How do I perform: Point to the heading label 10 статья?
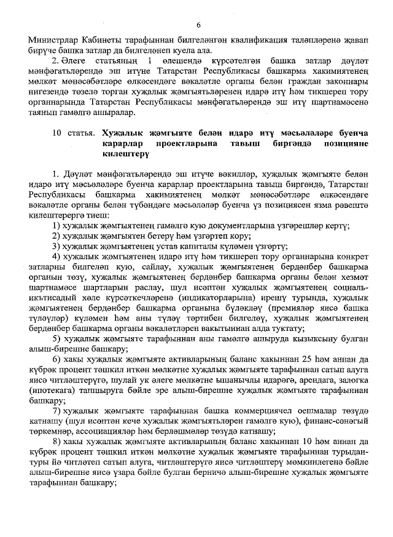click(74, 132)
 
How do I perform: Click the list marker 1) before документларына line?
click(57, 226)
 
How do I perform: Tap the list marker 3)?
click(57, 247)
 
